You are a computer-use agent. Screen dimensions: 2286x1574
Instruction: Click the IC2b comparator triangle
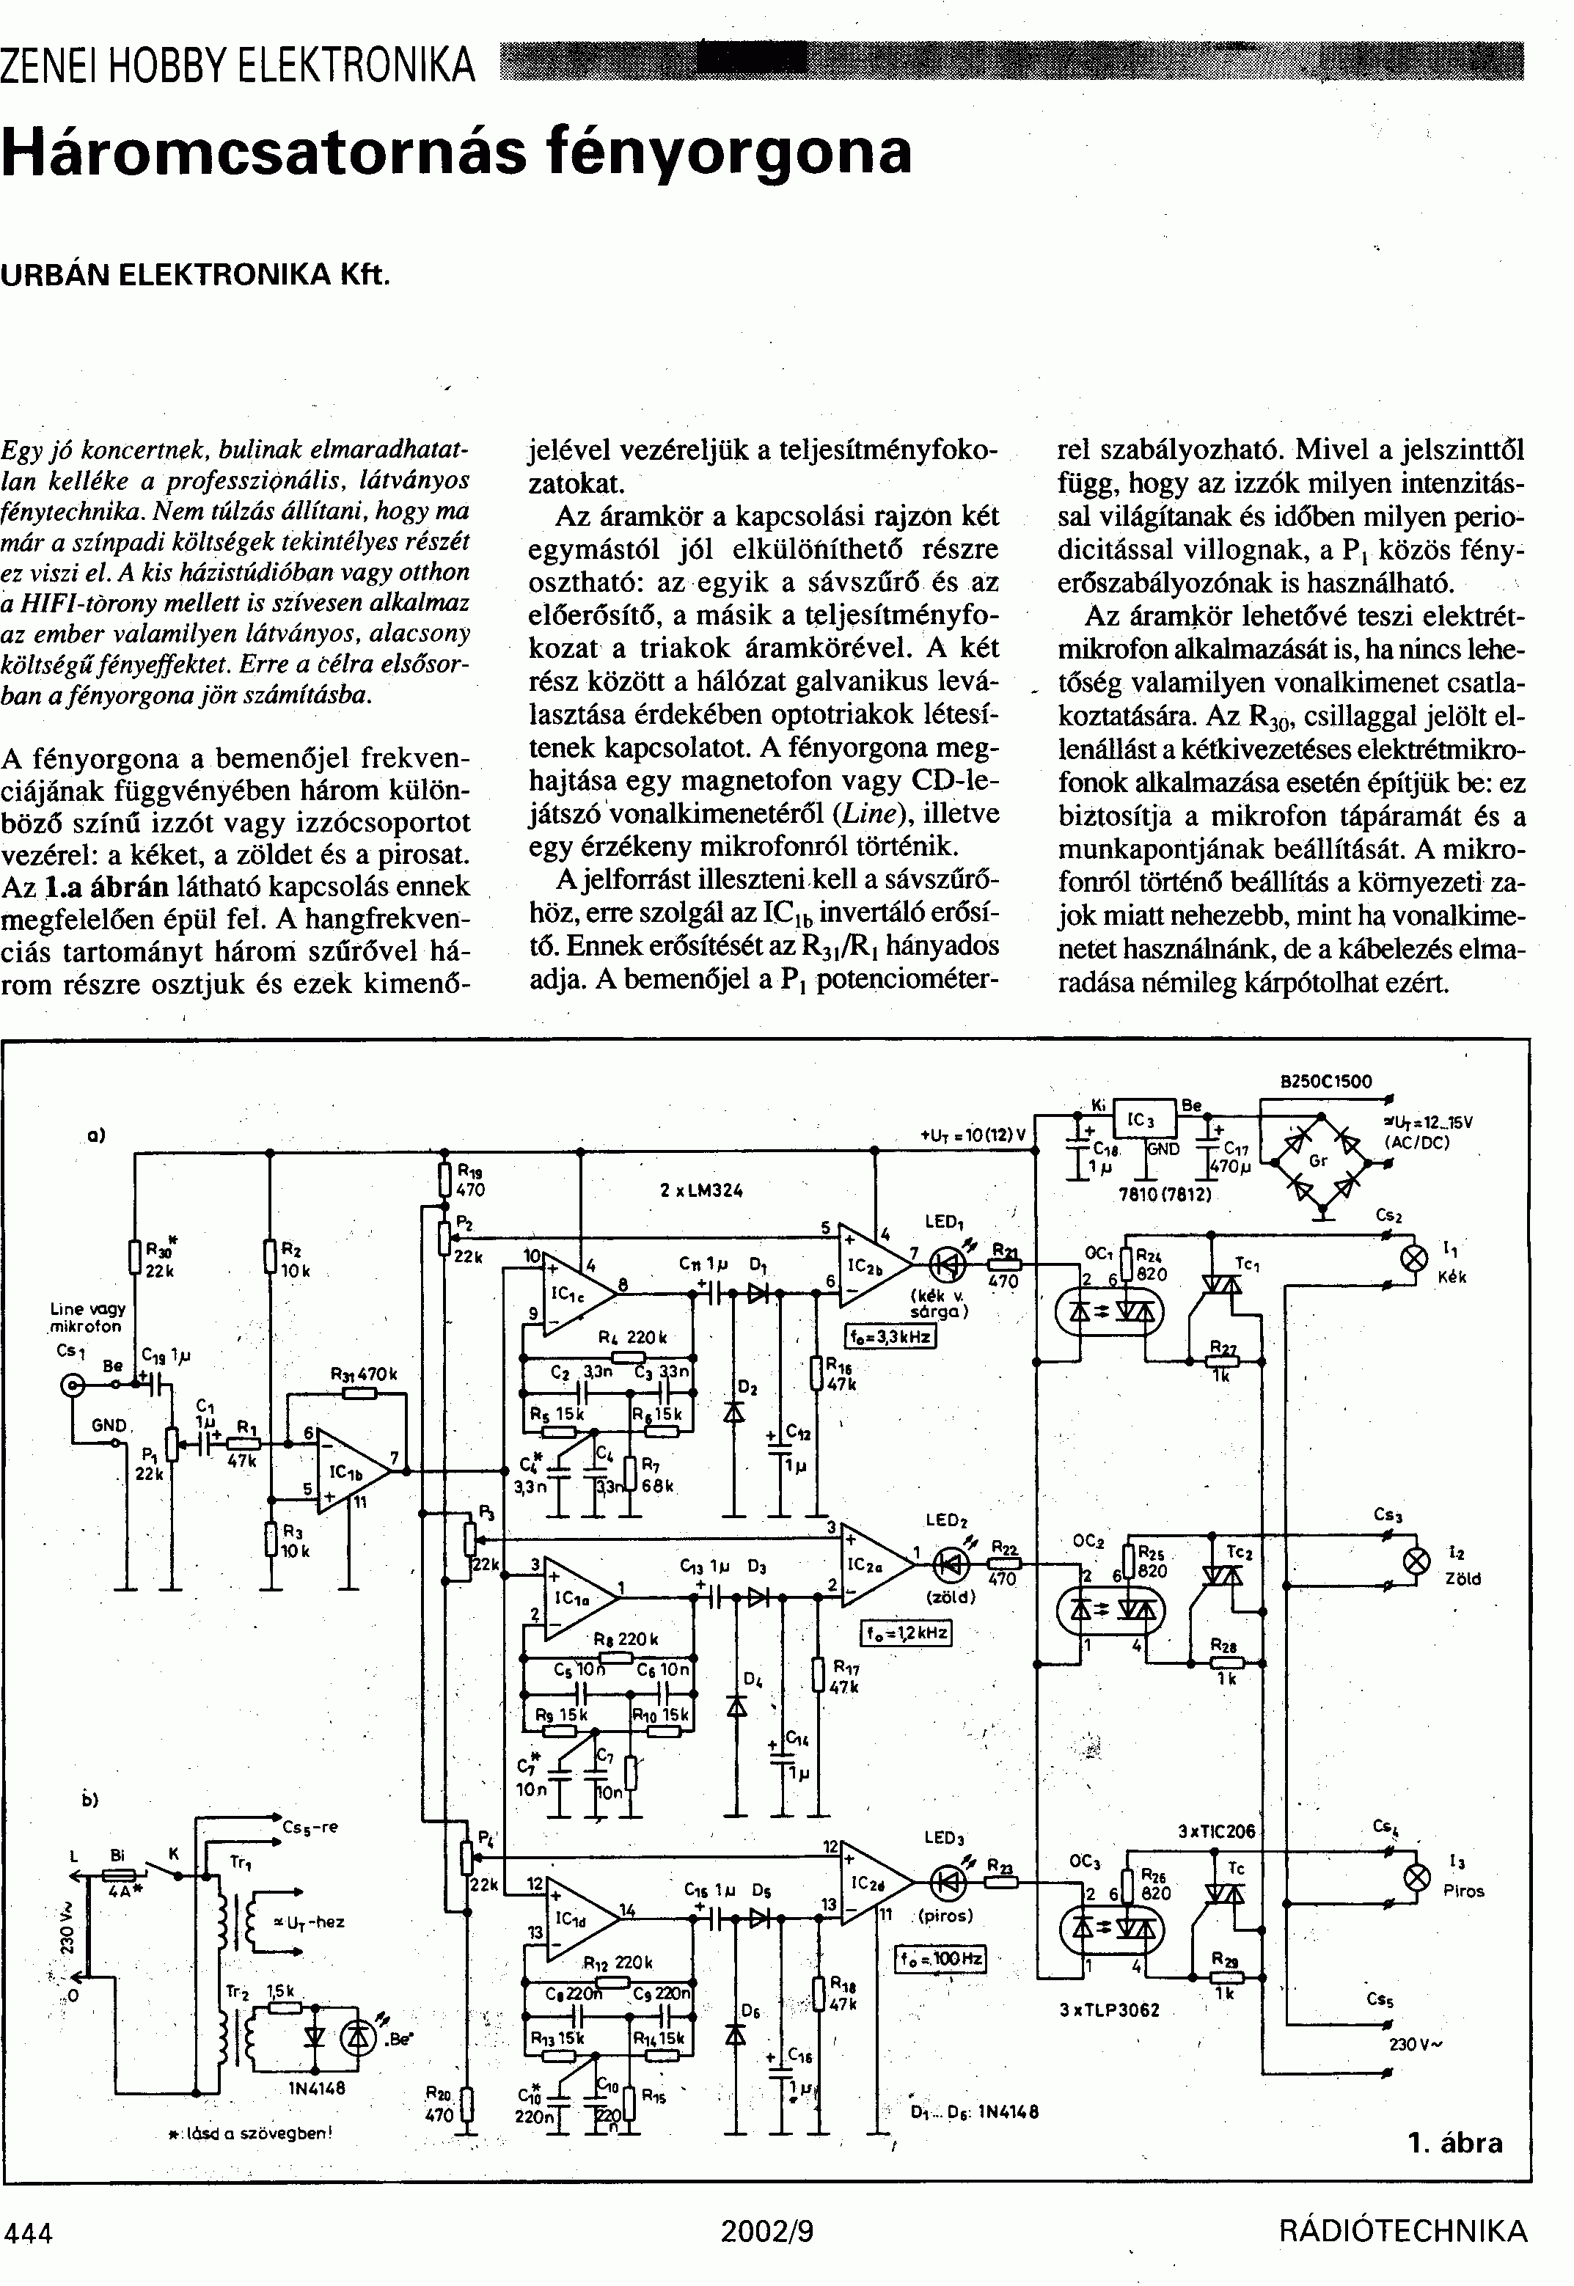(x=872, y=1265)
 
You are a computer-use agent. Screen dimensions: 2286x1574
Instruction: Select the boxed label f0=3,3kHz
(x=890, y=1337)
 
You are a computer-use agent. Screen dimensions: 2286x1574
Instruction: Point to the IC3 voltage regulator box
(x=1144, y=1122)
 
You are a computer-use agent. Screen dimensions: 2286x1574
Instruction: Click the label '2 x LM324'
(x=701, y=1190)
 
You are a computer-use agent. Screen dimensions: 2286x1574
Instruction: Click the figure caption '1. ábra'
(x=1454, y=2142)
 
